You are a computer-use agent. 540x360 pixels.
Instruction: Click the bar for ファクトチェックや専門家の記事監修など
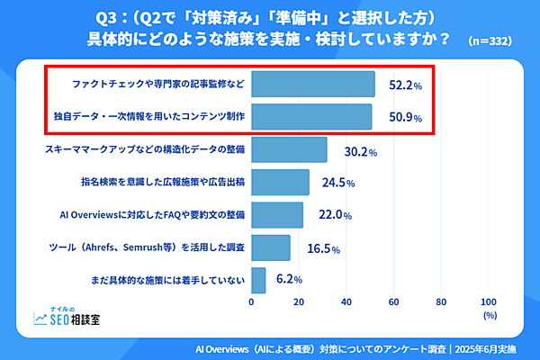(x=313, y=84)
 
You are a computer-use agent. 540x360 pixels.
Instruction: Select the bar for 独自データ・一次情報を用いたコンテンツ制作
(x=311, y=117)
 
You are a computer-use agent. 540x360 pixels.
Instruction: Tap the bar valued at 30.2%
(x=289, y=149)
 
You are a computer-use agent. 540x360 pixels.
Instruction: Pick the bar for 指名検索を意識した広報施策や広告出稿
(x=280, y=182)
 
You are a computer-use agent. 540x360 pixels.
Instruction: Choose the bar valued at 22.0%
(x=277, y=214)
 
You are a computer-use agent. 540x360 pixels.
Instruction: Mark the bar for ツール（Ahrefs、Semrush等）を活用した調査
(x=271, y=247)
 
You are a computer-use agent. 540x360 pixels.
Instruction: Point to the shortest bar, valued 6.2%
(x=258, y=280)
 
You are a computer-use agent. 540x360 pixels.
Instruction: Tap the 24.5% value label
(x=338, y=183)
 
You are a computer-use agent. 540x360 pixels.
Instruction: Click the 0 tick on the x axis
(x=251, y=301)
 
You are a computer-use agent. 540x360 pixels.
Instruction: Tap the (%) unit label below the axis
(x=490, y=316)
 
